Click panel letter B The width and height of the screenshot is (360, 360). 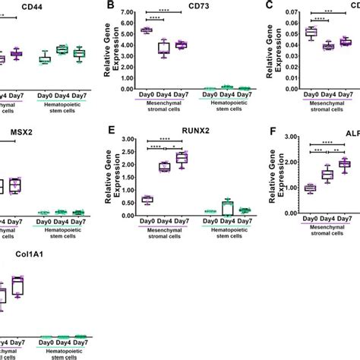pyautogui.click(x=111, y=7)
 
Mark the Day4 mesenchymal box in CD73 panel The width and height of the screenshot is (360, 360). pyautogui.click(x=164, y=48)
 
